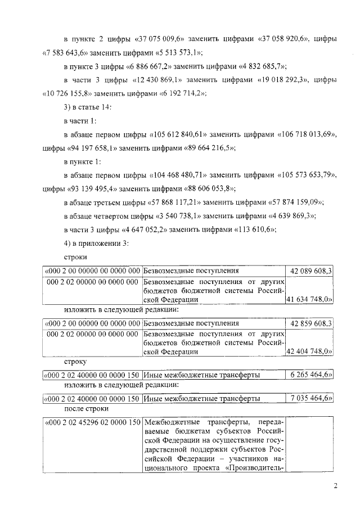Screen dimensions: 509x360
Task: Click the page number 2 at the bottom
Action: (335, 487)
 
